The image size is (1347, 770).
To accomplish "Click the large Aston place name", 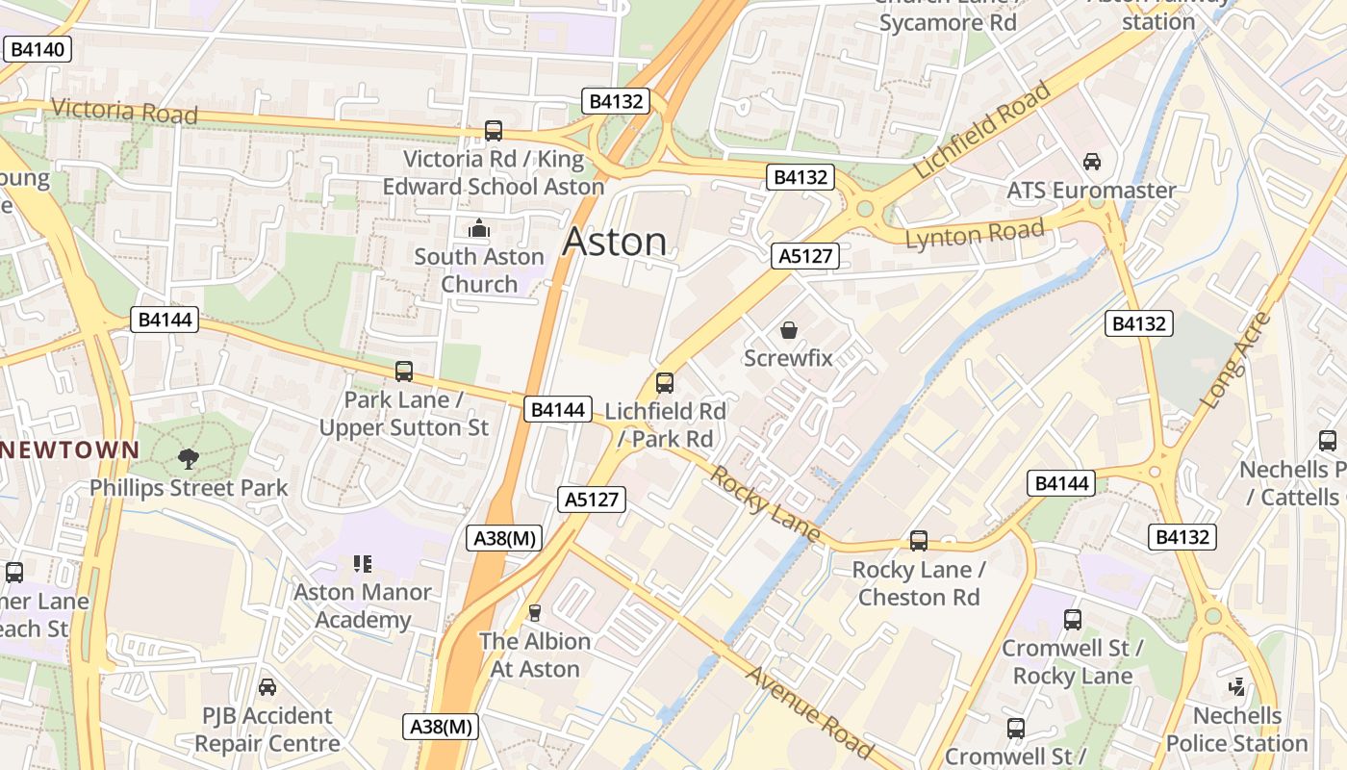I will (x=614, y=241).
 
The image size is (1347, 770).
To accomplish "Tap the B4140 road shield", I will (x=38, y=49).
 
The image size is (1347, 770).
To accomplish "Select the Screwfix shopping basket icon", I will (x=789, y=331).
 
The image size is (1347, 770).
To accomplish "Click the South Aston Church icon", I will (x=478, y=229).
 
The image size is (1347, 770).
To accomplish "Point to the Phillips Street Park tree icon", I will (x=189, y=459).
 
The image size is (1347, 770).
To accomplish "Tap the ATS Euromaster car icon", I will (x=1092, y=162).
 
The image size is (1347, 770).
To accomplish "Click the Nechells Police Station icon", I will (x=1237, y=687).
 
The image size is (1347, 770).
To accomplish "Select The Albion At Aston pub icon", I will (x=535, y=613).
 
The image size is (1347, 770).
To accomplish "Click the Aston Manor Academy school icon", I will (x=363, y=564).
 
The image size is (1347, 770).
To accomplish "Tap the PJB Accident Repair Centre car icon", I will (x=267, y=687).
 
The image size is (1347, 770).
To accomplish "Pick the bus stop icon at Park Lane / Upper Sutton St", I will (x=404, y=372).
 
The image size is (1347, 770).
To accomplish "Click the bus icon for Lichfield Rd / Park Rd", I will (x=664, y=383).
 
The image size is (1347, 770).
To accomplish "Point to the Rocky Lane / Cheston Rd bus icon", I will (x=919, y=541).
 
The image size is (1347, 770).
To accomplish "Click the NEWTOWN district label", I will (x=70, y=449).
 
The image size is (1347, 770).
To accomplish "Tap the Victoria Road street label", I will (x=124, y=111).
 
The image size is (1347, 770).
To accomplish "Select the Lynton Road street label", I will (x=974, y=234).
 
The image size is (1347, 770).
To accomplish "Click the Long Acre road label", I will (x=1236, y=360).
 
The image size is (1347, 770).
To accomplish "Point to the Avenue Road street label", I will (x=808, y=711).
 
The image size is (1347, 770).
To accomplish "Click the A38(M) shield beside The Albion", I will (x=504, y=538).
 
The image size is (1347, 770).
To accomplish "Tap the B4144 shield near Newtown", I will (x=165, y=320).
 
